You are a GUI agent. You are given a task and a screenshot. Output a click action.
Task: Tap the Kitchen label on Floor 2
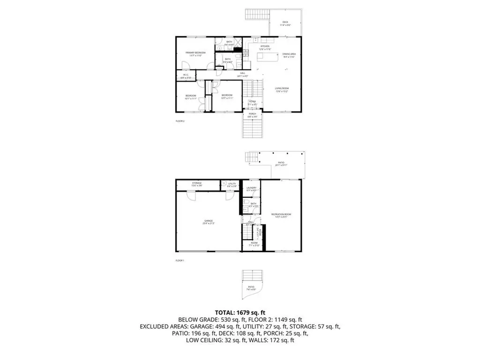(x=265, y=47)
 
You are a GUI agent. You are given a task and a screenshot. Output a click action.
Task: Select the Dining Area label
(x=289, y=55)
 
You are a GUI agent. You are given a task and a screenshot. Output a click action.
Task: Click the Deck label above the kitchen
(x=285, y=23)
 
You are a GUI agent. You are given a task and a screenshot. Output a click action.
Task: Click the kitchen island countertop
(x=268, y=58)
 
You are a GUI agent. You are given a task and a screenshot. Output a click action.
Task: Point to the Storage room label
(x=197, y=184)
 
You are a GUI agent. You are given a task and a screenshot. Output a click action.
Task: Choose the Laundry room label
(x=252, y=188)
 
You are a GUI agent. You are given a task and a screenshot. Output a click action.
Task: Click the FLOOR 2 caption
(x=180, y=121)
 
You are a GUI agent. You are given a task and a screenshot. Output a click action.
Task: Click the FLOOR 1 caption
(x=180, y=260)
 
